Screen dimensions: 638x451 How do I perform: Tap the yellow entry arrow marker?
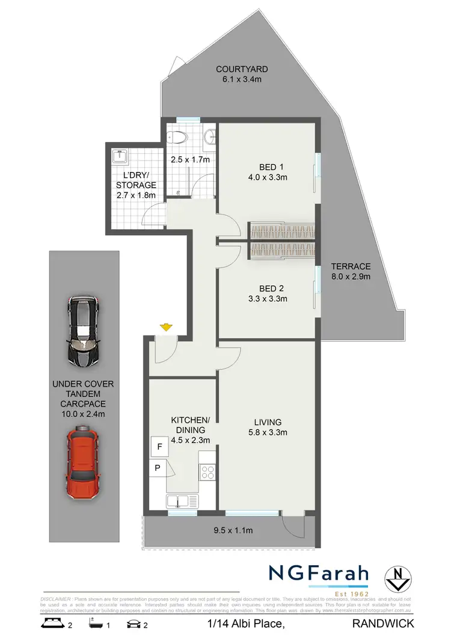166,328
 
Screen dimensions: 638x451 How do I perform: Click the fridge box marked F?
159,447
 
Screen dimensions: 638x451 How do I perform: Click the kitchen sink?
179,500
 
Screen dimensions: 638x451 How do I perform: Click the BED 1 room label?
268,167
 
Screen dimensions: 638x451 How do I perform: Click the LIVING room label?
268,422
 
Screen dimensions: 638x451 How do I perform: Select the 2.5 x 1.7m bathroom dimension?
189,160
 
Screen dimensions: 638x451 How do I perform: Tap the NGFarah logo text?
319,574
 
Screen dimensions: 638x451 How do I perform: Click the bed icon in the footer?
52,624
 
